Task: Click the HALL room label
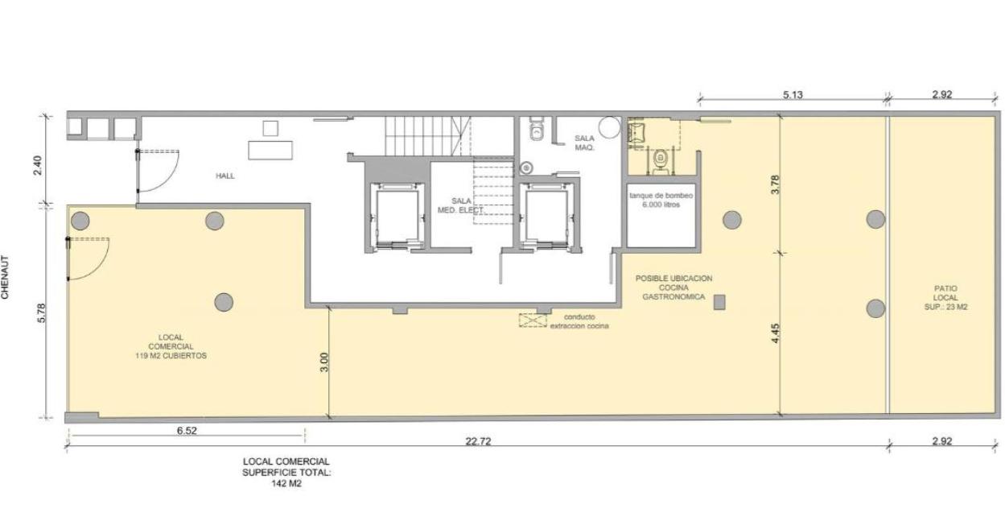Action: point(225,176)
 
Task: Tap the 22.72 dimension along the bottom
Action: point(478,441)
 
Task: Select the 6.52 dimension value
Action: point(187,430)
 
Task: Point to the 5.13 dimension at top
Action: point(793,95)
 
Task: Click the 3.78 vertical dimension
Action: point(776,184)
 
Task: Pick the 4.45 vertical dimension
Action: point(776,333)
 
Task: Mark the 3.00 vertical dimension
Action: point(324,362)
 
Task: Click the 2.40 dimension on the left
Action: point(38,165)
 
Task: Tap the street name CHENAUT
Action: point(5,277)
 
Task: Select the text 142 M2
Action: point(286,484)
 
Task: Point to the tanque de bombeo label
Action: point(661,196)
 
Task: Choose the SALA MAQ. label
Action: point(585,143)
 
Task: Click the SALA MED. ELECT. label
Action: point(461,205)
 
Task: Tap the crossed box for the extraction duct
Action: point(533,320)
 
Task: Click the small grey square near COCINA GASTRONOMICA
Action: point(719,302)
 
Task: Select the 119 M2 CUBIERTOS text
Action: point(171,356)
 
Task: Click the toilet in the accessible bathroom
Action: point(660,161)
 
